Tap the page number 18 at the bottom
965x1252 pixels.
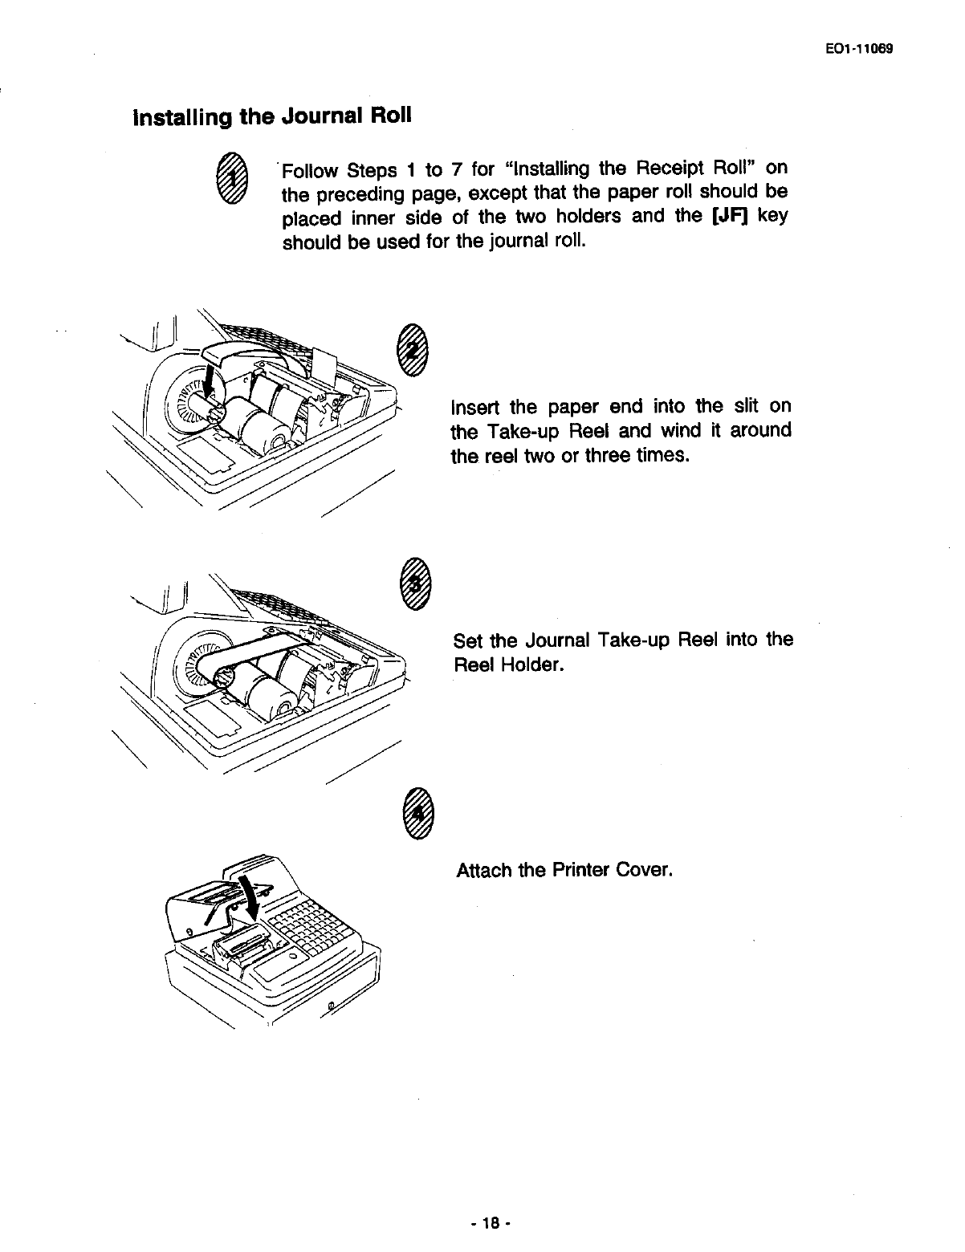(491, 1223)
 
